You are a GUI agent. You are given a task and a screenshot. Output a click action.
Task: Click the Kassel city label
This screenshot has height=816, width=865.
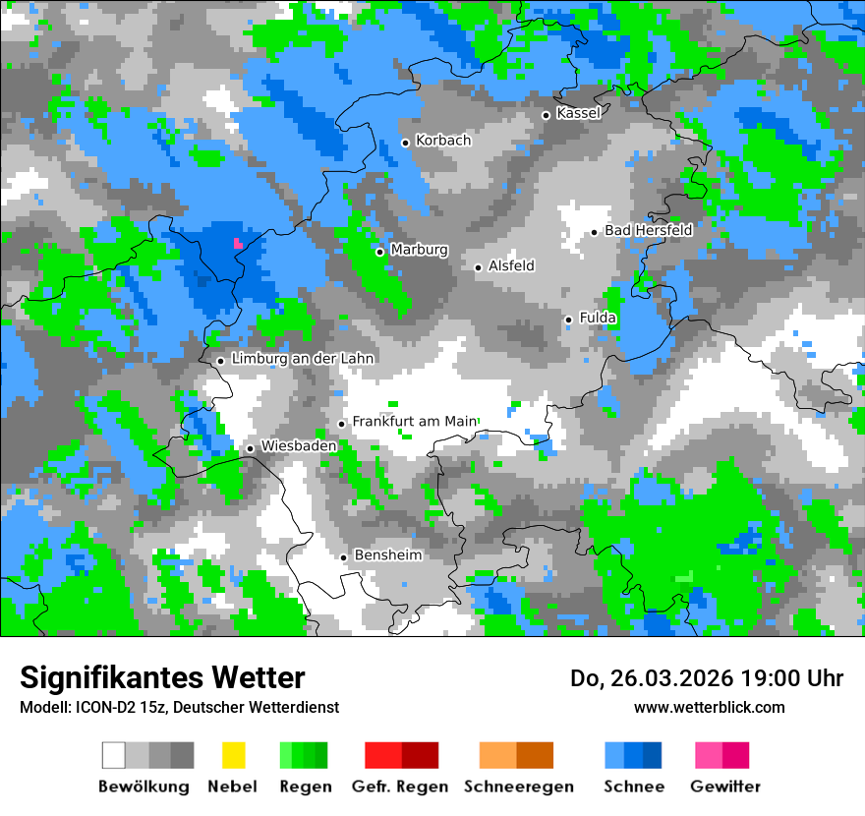pos(578,113)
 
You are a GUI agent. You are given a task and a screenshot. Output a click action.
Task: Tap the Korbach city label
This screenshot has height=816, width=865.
pos(443,141)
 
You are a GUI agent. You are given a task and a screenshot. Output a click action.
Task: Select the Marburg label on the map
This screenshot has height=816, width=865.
pos(419,250)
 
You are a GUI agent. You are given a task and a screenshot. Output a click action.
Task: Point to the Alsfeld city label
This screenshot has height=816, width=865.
pos(511,265)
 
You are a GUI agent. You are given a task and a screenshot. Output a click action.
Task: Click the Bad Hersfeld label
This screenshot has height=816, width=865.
pos(649,230)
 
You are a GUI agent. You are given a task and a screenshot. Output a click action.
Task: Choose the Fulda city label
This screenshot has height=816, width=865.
pos(598,318)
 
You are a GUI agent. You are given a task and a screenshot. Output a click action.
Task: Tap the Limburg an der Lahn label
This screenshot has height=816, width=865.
pos(303,359)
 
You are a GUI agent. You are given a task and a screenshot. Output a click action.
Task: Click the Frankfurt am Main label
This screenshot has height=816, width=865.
pos(414,421)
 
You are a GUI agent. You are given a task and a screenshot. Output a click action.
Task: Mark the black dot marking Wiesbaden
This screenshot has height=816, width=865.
pos(251,448)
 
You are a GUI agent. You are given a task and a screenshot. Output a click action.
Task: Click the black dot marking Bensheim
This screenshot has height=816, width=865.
pos(344,557)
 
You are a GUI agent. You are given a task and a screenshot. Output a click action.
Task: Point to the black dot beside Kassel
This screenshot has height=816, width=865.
pos(547,115)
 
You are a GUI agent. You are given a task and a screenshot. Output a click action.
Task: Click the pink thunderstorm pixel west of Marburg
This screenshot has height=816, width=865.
pos(237,242)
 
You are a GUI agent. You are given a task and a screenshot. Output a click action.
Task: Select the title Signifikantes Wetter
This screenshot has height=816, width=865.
pos(162,677)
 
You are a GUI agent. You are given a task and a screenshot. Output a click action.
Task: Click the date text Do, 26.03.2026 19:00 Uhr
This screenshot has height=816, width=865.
pos(707,678)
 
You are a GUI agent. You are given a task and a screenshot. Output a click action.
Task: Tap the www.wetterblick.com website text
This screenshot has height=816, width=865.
pos(710,707)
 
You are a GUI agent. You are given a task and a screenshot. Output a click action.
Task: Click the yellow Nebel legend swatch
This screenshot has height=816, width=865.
pos(233,755)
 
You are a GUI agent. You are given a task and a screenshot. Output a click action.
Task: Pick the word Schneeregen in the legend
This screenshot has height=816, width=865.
pos(519,787)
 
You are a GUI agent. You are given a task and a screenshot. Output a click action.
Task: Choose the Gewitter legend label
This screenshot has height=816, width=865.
pos(725,787)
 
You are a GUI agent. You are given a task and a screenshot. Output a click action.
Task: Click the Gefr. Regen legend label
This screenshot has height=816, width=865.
pos(400,787)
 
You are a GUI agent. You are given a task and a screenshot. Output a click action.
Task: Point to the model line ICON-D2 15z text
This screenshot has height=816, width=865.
pos(180,707)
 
